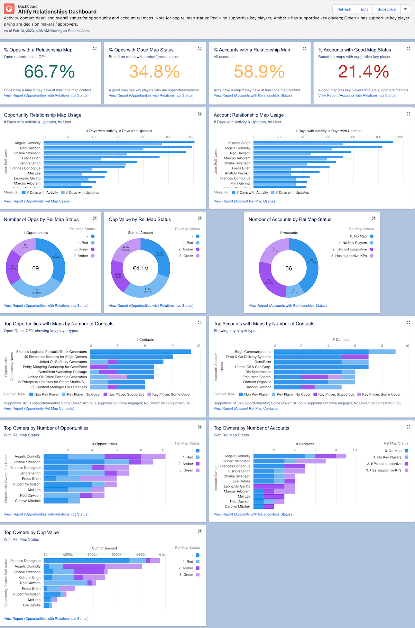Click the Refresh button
344,9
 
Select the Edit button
365,9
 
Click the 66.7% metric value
49,72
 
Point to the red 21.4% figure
363,72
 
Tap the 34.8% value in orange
154,72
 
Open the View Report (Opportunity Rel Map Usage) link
37,201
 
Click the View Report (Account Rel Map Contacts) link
246,408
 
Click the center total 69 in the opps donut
36,268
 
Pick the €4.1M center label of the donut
140,268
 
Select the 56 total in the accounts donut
289,268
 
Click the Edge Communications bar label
253,352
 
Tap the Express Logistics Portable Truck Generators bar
140,352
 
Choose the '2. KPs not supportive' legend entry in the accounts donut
349,249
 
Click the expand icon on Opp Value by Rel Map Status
200,218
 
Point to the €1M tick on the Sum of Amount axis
162,554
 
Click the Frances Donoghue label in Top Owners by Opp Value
26,561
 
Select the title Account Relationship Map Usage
249,115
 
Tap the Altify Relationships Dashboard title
57,12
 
